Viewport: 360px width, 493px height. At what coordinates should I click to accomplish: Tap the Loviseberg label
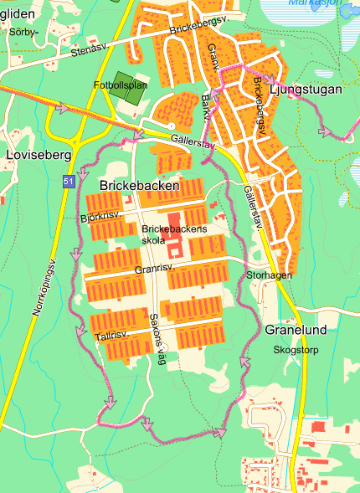tap(33, 155)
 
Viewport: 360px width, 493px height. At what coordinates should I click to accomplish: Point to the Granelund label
tap(296, 330)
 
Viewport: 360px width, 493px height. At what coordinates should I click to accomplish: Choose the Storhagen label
tap(269, 275)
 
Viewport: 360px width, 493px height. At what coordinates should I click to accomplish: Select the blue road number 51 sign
tap(68, 182)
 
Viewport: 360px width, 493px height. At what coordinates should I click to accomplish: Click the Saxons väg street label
tap(158, 339)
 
